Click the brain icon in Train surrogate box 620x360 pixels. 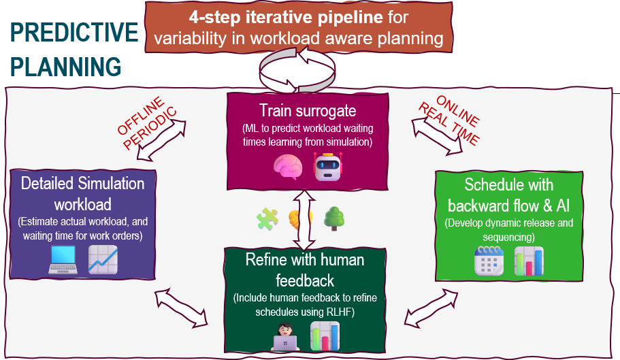(287, 167)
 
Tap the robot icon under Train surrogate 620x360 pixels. (327, 166)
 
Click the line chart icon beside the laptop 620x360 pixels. (103, 260)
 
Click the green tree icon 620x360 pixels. (333, 218)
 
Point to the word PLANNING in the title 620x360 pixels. (66, 67)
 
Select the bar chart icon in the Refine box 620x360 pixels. (324, 336)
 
